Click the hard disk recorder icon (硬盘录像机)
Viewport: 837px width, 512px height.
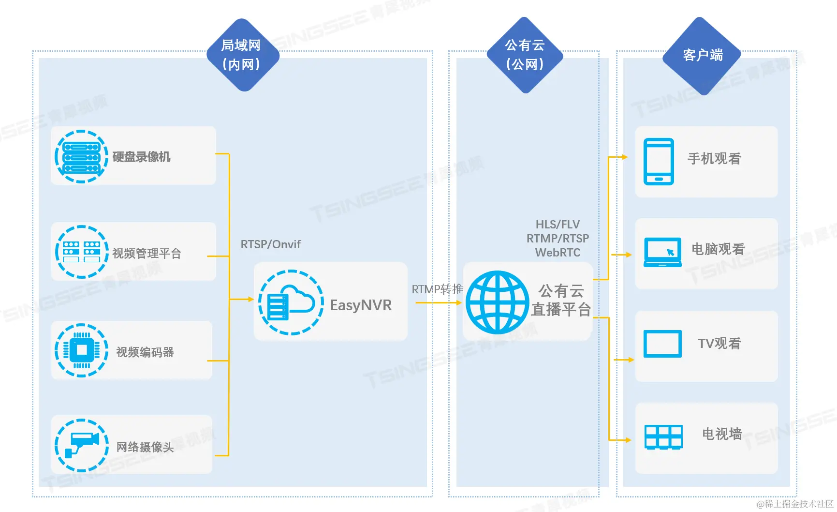coord(81,157)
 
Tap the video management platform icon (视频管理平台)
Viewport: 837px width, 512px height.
coord(81,252)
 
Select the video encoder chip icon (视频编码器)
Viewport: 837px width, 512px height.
coord(81,350)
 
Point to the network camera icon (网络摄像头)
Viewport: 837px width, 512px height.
coord(81,445)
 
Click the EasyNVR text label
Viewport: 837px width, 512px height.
coord(361,305)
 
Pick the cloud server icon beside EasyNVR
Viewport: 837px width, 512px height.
coord(291,302)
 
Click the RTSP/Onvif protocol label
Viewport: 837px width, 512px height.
coord(270,244)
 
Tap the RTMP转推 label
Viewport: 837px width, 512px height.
coord(437,289)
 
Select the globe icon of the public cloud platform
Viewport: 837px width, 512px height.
coord(497,302)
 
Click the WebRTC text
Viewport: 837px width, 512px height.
coord(558,253)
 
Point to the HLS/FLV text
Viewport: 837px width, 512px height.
coord(558,225)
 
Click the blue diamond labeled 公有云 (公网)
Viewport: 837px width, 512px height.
coord(525,55)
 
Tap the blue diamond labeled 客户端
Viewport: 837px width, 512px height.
coord(702,56)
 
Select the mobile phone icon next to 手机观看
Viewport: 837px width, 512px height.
coord(659,162)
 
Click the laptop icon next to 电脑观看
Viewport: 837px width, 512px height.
coord(662,252)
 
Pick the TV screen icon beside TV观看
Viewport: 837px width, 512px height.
coord(662,344)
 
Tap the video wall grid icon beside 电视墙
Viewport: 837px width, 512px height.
coord(663,437)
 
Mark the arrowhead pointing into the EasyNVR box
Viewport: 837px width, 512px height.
coord(250,300)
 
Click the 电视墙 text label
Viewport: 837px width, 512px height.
coord(721,434)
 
